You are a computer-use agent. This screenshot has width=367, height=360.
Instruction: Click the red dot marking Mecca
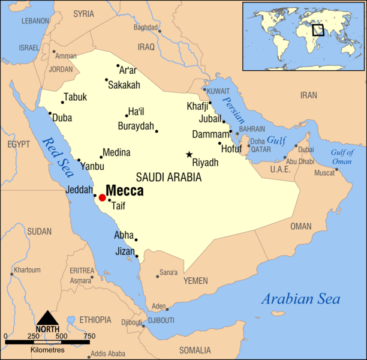tap(102, 197)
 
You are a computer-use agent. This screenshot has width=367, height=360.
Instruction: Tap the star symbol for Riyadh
tap(189, 155)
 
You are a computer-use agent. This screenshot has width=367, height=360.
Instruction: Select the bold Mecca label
tap(125, 191)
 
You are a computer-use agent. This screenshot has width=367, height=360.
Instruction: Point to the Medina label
tap(116, 152)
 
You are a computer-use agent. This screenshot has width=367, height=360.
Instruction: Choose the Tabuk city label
tap(76, 97)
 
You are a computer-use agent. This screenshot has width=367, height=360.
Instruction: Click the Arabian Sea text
tap(300, 299)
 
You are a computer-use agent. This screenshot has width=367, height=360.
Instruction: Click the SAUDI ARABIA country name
tap(169, 177)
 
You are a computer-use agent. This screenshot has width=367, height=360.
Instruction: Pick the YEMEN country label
tap(195, 281)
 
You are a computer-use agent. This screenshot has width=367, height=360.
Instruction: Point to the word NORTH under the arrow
tap(47, 329)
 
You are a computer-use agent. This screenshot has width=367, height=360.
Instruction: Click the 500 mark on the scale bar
tap(61, 336)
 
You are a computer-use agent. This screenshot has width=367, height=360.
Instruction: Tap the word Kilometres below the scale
tap(47, 349)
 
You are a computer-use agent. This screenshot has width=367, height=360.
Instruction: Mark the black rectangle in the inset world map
tap(318, 29)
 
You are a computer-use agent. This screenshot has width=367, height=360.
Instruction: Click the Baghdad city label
tap(145, 27)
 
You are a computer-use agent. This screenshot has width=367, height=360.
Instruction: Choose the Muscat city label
tap(326, 173)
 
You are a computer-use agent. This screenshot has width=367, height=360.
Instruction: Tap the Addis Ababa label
tap(108, 353)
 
